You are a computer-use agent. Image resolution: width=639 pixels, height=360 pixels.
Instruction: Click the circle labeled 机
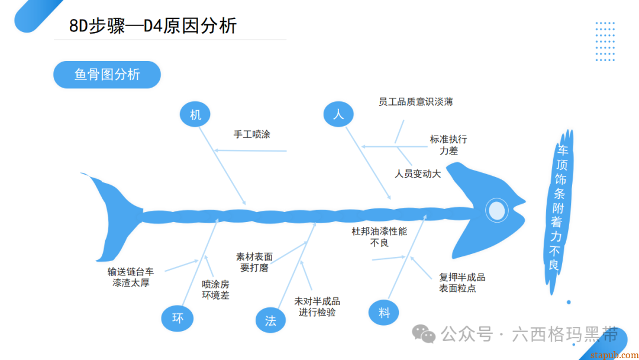[x=195, y=115]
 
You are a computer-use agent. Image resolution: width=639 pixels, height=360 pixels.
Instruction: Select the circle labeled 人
[x=338, y=114]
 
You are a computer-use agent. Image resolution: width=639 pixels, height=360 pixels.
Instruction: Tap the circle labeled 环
[x=177, y=318]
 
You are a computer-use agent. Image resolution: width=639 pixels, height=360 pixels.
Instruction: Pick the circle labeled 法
[x=270, y=320]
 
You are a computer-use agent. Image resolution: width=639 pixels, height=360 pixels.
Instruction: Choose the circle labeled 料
[x=384, y=313]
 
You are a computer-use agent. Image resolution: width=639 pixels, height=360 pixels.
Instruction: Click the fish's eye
[x=497, y=210]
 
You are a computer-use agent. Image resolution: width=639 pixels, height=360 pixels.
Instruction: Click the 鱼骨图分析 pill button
[x=107, y=75]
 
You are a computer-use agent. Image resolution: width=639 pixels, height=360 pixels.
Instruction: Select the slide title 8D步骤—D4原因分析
[x=153, y=26]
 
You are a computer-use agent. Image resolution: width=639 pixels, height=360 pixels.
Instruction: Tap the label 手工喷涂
[x=251, y=134]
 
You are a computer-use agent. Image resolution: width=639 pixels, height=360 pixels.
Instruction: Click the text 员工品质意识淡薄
[x=415, y=102]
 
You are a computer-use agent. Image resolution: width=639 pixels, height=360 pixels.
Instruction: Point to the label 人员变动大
[x=418, y=174]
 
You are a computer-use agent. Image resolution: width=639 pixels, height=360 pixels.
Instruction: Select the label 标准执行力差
[x=448, y=145]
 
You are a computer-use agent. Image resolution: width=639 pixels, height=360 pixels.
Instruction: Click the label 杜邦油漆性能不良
[x=379, y=237]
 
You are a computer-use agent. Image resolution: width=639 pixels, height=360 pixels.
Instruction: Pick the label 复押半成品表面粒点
[x=461, y=282]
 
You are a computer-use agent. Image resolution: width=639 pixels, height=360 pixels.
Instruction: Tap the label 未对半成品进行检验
[x=317, y=307]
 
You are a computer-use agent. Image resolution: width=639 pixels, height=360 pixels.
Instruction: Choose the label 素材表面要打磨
[x=254, y=262]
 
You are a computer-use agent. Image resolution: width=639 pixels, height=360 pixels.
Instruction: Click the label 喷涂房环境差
[x=215, y=289]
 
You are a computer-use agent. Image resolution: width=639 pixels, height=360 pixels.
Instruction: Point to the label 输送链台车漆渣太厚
[x=131, y=277]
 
